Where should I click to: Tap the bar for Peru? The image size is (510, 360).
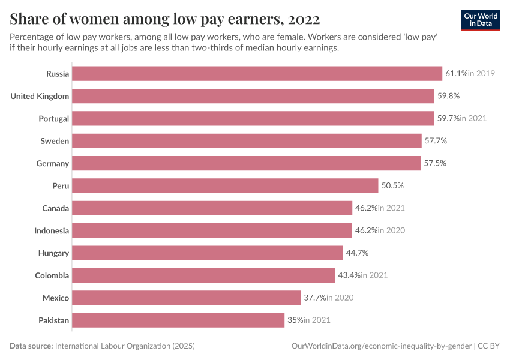click(225, 186)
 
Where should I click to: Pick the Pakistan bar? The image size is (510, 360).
click(178, 320)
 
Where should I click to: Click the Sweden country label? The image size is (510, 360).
click(55, 141)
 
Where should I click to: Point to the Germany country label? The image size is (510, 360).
click(53, 163)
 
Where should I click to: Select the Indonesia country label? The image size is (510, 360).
click(52, 230)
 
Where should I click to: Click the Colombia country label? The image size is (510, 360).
click(52, 275)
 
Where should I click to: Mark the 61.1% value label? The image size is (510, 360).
click(456, 74)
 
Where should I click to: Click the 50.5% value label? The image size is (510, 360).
click(392, 186)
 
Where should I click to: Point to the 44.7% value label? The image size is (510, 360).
click(358, 253)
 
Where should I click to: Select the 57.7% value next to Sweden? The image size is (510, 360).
click(436, 141)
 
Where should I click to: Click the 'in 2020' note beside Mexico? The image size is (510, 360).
click(340, 298)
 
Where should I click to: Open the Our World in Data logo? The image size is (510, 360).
click(481, 20)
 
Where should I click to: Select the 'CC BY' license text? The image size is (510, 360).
click(490, 346)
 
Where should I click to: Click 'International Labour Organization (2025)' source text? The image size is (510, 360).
click(125, 346)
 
